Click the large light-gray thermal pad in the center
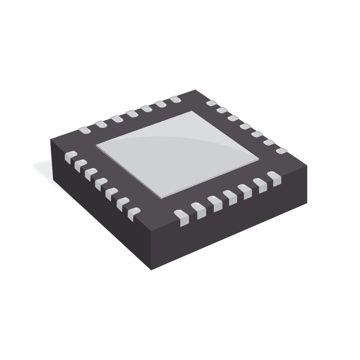click(178, 153)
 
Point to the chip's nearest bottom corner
click(151, 269)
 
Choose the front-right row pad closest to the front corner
click(180, 217)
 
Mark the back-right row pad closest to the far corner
click(210, 103)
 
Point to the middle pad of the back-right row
click(245, 126)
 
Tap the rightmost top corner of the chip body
click(307, 166)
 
